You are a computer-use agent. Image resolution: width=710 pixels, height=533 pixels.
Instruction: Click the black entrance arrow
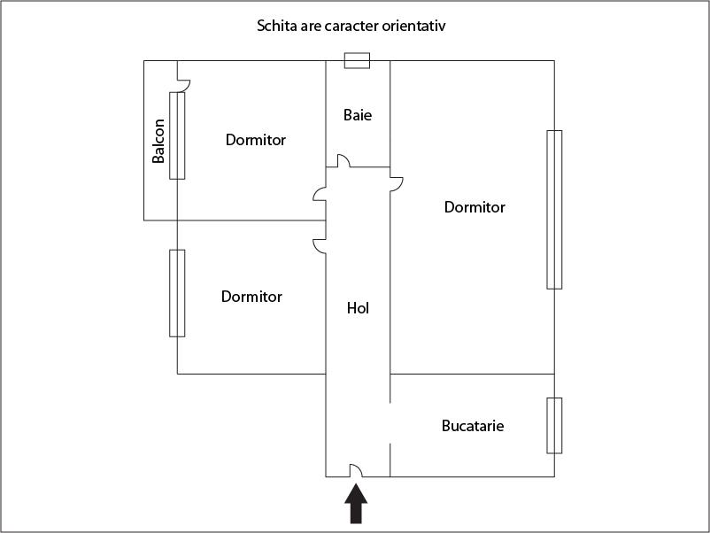click(356, 504)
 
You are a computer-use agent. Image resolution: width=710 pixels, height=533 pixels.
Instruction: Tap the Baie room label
click(358, 115)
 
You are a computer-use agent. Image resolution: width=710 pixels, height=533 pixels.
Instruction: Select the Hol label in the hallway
click(358, 308)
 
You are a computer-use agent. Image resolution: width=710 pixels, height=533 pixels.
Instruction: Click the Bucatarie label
click(473, 426)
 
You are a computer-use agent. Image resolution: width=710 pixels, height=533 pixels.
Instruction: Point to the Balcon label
click(158, 141)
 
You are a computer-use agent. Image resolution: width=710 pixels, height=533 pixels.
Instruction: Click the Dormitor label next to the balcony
click(256, 140)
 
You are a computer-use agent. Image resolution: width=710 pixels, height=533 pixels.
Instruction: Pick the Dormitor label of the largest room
click(475, 207)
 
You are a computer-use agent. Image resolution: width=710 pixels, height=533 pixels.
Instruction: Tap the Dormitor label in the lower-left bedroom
click(251, 297)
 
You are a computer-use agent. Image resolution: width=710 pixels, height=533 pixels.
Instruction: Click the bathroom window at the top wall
click(357, 61)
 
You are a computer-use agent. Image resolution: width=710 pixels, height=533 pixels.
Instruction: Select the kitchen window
click(554, 426)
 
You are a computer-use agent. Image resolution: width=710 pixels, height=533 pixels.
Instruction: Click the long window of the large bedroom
click(554, 210)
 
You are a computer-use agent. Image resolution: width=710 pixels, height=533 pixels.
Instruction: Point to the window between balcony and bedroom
click(177, 135)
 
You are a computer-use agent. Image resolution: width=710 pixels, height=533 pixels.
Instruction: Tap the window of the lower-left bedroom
click(177, 293)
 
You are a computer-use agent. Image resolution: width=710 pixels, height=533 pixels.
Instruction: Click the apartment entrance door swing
click(356, 470)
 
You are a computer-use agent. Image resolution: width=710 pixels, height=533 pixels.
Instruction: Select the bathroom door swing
click(343, 161)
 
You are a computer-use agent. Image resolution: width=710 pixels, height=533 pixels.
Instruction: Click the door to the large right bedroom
click(397, 184)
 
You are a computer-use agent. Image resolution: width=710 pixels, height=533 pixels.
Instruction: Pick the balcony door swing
click(184, 86)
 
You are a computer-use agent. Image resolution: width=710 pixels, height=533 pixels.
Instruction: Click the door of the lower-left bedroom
click(320, 246)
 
